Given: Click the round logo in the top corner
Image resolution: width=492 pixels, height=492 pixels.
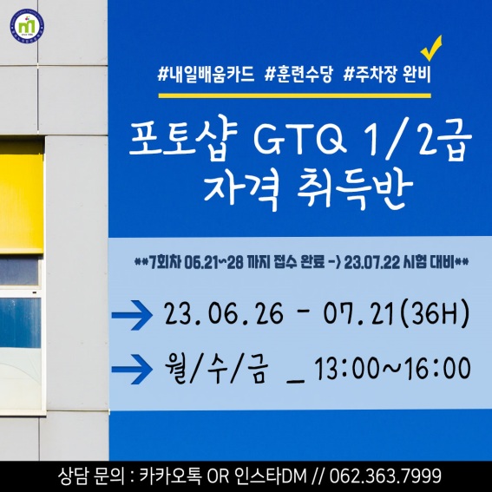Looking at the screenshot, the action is point(27,26).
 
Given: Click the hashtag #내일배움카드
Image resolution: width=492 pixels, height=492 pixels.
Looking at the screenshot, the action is point(206,75).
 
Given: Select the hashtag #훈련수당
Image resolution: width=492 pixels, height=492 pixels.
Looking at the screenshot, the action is point(298,75).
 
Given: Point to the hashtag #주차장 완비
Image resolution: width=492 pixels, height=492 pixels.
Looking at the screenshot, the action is point(387,75).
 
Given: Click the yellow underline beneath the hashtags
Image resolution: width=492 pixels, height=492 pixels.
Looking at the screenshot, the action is point(294,95).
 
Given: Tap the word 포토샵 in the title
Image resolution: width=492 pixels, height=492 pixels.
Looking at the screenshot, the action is point(183,138).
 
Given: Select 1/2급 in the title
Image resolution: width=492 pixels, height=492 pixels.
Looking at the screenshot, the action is point(418,140).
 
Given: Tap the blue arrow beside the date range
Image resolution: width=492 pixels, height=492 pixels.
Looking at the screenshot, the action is point(132,315).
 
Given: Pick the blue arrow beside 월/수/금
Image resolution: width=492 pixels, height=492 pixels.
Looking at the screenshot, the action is point(132,370).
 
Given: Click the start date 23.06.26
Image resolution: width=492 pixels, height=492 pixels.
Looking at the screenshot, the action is point(224,314).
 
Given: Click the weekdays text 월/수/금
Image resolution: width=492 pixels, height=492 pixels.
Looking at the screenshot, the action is point(217,369).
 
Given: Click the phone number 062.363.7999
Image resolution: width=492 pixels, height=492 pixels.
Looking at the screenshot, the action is point(385,476).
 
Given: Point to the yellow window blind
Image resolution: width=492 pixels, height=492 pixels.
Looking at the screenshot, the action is point(22,197).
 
